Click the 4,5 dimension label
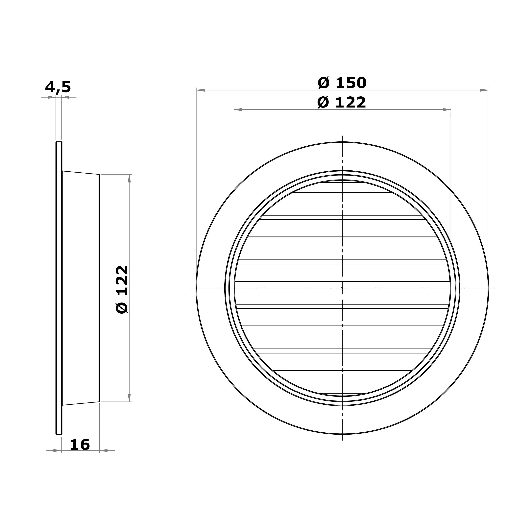pyautogui.click(x=58, y=87)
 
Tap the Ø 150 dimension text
pyautogui.click(x=342, y=83)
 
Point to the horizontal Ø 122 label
pyautogui.click(x=341, y=103)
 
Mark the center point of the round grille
pyautogui.click(x=342, y=288)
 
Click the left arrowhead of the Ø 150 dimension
pyautogui.click(x=201, y=90)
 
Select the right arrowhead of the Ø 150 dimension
pyautogui.click(x=484, y=90)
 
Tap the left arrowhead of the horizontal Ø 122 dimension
pyautogui.click(x=238, y=110)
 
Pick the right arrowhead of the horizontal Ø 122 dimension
pyautogui.click(x=447, y=110)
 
